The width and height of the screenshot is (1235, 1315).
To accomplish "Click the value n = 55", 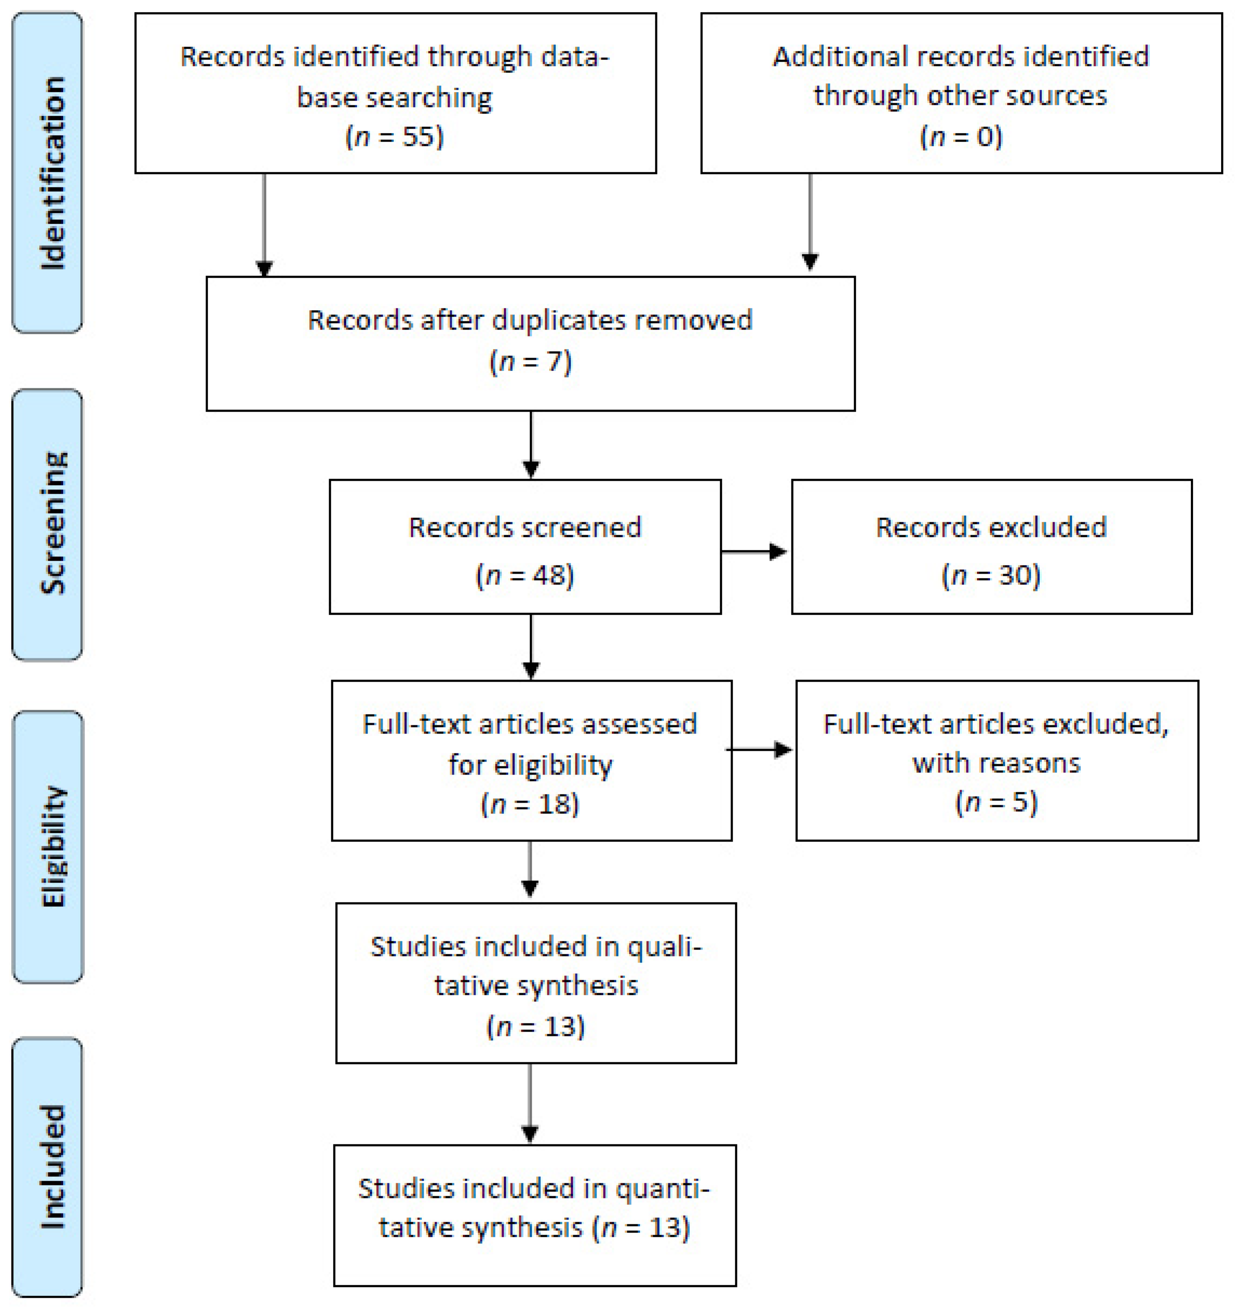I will pos(395,137).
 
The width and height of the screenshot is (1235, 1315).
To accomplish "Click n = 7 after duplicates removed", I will pos(530,362).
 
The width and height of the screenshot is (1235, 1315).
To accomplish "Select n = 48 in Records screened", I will pos(524,575).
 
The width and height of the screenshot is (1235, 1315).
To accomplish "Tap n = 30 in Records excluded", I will pos(991,575).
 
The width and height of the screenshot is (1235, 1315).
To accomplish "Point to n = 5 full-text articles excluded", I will pos(996,802).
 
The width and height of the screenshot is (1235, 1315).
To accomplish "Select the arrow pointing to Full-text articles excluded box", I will pos(759,750).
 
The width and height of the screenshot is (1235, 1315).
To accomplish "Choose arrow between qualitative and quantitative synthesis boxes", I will pos(530,1101).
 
